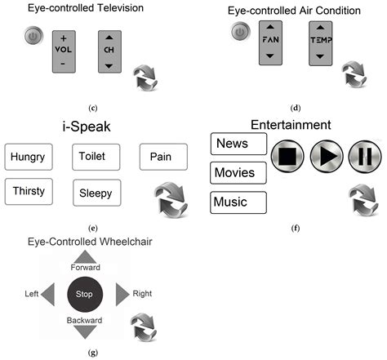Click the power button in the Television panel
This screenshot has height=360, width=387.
pos(33,38)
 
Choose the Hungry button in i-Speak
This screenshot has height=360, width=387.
pos(28,156)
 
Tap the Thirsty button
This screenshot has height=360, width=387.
pos(29,190)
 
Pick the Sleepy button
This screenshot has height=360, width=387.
pos(96,193)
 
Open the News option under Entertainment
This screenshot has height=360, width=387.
pos(238,144)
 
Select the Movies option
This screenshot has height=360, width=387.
pos(238,172)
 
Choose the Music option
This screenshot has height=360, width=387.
pos(238,201)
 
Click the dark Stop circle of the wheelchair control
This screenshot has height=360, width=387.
pos(85,292)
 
